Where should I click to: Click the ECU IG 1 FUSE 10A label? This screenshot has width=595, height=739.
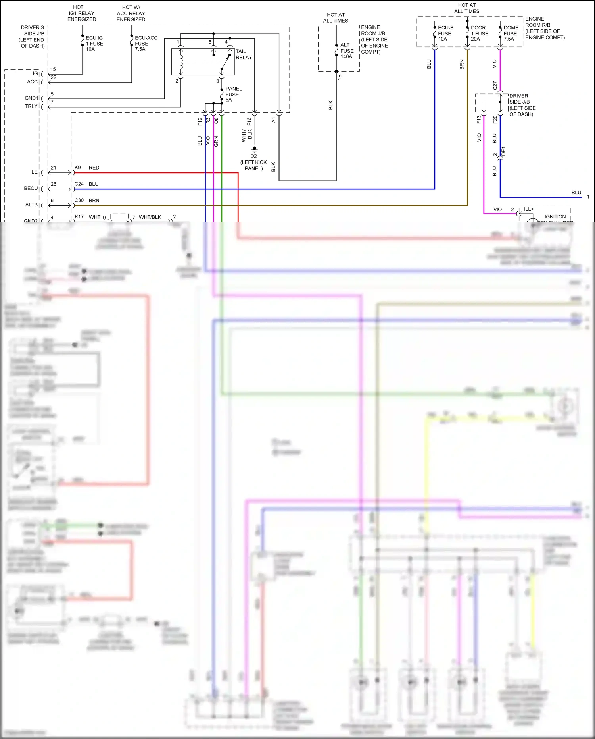point(94,44)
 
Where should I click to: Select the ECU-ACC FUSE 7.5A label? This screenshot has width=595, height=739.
point(146,44)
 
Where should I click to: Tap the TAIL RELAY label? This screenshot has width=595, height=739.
point(244,54)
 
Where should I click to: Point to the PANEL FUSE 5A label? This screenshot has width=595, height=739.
point(233,94)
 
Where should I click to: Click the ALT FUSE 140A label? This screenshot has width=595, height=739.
point(347,51)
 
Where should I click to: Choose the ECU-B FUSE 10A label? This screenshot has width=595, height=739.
point(445,33)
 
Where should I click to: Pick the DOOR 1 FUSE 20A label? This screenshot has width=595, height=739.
point(479,33)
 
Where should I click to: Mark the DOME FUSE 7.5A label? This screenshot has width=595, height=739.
point(511,33)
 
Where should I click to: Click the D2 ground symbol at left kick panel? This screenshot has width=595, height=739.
point(254,150)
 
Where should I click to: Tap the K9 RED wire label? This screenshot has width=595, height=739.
point(86,168)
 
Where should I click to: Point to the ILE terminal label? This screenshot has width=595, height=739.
point(34,172)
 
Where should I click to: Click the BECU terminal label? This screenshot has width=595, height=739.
point(31,188)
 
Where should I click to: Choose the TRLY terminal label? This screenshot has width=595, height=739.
point(31,106)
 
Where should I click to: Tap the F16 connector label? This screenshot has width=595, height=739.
point(249,122)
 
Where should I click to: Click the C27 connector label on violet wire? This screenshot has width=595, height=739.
point(495,85)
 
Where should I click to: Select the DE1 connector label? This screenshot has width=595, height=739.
point(503,151)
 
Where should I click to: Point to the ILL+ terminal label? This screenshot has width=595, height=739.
point(529,209)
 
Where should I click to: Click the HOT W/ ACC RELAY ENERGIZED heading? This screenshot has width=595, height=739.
point(131,13)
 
